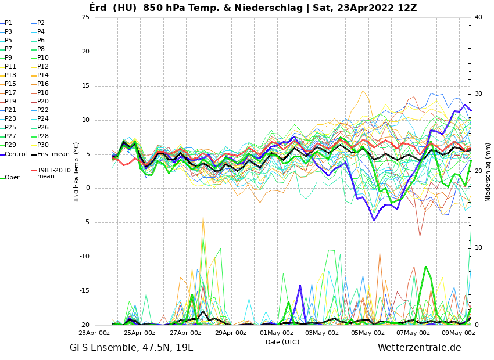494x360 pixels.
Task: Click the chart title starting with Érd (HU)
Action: tap(253, 8)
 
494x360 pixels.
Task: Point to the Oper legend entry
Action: tap(12, 178)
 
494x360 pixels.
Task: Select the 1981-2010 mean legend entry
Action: tap(53, 174)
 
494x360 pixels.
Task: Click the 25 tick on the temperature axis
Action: tap(85, 17)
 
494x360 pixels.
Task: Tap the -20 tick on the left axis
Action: tap(84, 325)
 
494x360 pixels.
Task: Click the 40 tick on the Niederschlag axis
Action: tap(478, 17)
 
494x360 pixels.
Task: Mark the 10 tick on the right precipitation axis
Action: tap(478, 248)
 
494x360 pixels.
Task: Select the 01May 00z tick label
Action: tap(276, 333)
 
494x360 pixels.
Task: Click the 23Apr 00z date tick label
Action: tap(94, 333)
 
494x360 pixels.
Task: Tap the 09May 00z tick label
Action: tap(459, 333)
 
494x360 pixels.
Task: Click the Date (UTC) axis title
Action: tap(282, 343)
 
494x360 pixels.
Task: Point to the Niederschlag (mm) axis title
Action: tap(488, 172)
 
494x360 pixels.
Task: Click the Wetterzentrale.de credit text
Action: tap(419, 348)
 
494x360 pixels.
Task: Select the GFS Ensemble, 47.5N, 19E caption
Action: tap(131, 348)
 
